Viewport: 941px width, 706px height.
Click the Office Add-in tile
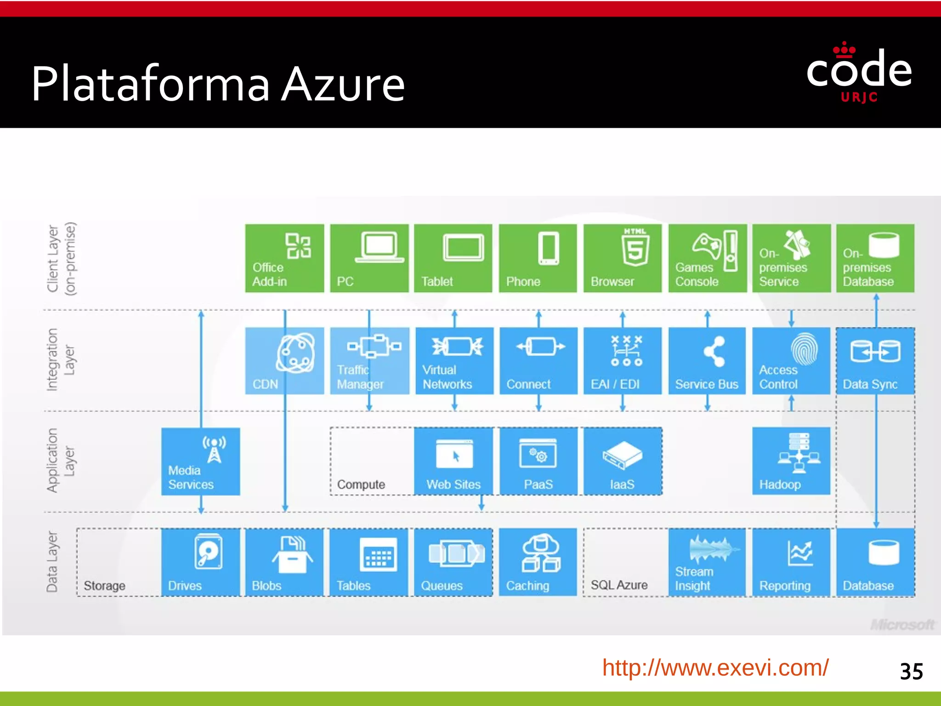(284, 258)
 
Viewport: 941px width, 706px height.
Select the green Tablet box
(453, 258)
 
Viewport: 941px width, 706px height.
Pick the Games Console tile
(708, 258)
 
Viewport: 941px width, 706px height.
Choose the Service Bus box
(707, 361)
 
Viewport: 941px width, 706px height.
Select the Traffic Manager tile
(369, 361)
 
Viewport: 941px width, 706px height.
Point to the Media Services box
(201, 461)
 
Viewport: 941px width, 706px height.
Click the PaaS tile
(538, 461)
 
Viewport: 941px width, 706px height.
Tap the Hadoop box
(791, 461)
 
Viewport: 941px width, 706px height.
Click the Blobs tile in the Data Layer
(284, 562)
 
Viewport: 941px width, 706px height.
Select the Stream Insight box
(707, 562)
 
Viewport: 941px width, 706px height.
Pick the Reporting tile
(791, 562)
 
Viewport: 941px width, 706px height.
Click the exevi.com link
(715, 668)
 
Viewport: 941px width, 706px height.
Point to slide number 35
(911, 672)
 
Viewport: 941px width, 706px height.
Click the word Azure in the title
(343, 84)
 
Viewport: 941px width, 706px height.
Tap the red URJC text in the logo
(859, 97)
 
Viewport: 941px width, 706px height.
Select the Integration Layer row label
(60, 360)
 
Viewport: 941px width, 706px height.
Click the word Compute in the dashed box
(361, 484)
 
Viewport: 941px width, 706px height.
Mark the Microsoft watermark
(902, 625)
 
